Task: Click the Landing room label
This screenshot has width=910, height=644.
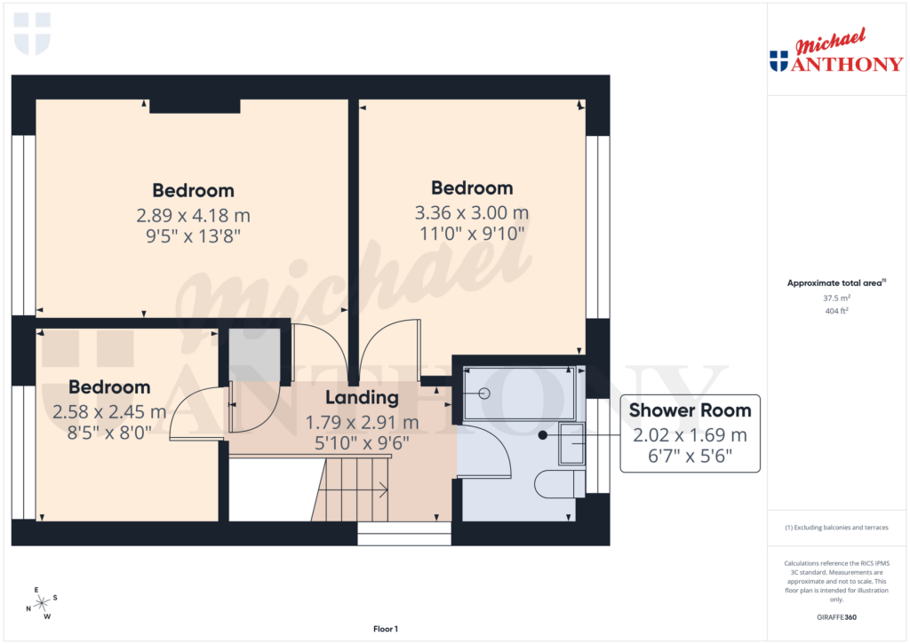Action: pyautogui.click(x=362, y=398)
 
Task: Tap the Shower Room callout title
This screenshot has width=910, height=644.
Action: pyautogui.click(x=690, y=410)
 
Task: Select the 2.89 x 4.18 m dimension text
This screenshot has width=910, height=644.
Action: pyautogui.click(x=193, y=215)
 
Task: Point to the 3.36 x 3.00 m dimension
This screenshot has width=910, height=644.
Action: pyautogui.click(x=472, y=213)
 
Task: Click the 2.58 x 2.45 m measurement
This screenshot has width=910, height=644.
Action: pyautogui.click(x=109, y=412)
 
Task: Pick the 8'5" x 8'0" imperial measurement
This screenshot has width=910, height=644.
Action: pyautogui.click(x=109, y=433)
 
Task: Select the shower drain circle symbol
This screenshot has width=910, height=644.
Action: pyautogui.click(x=484, y=393)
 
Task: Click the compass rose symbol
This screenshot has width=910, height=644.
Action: pyautogui.click(x=41, y=603)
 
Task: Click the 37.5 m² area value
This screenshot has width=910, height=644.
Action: pyautogui.click(x=836, y=299)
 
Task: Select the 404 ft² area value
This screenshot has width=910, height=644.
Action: pyautogui.click(x=836, y=312)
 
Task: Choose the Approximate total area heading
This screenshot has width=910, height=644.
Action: pyautogui.click(x=834, y=283)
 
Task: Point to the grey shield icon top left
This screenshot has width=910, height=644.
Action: pyautogui.click(x=33, y=33)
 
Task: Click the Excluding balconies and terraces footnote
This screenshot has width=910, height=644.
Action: pyautogui.click(x=836, y=528)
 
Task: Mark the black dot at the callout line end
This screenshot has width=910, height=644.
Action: pyautogui.click(x=542, y=435)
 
